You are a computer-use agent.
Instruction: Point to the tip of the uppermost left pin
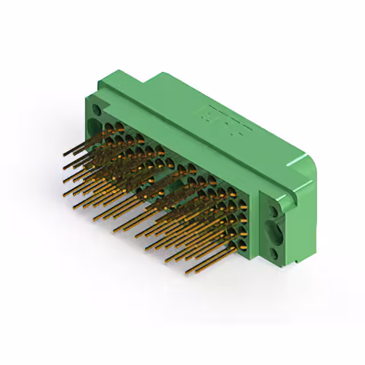tap(64, 154)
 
